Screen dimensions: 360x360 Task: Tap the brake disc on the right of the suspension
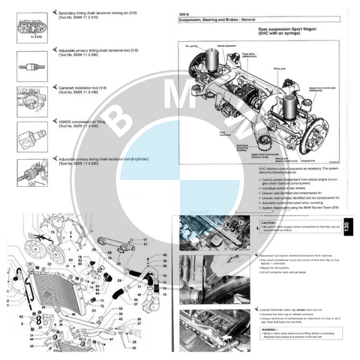(x=325, y=139)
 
